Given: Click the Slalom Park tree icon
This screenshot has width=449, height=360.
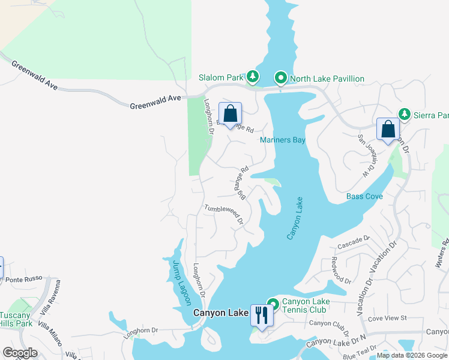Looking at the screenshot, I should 253,77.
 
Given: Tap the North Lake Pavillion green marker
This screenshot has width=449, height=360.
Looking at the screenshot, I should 280,78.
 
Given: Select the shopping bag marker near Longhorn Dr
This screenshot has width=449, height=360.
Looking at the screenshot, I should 230,113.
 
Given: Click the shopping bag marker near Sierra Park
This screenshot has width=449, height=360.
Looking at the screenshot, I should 388,129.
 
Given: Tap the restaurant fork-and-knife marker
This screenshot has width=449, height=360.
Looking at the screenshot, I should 261,314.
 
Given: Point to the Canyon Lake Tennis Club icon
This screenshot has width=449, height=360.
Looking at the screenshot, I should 273,304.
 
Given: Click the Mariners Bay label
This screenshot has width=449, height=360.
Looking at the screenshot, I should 283,140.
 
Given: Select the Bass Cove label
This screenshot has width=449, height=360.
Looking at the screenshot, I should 364,196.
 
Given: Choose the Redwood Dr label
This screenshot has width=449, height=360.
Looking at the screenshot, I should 341,271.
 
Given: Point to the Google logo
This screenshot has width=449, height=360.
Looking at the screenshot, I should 20,353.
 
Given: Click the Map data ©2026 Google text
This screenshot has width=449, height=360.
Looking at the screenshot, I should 412,355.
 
